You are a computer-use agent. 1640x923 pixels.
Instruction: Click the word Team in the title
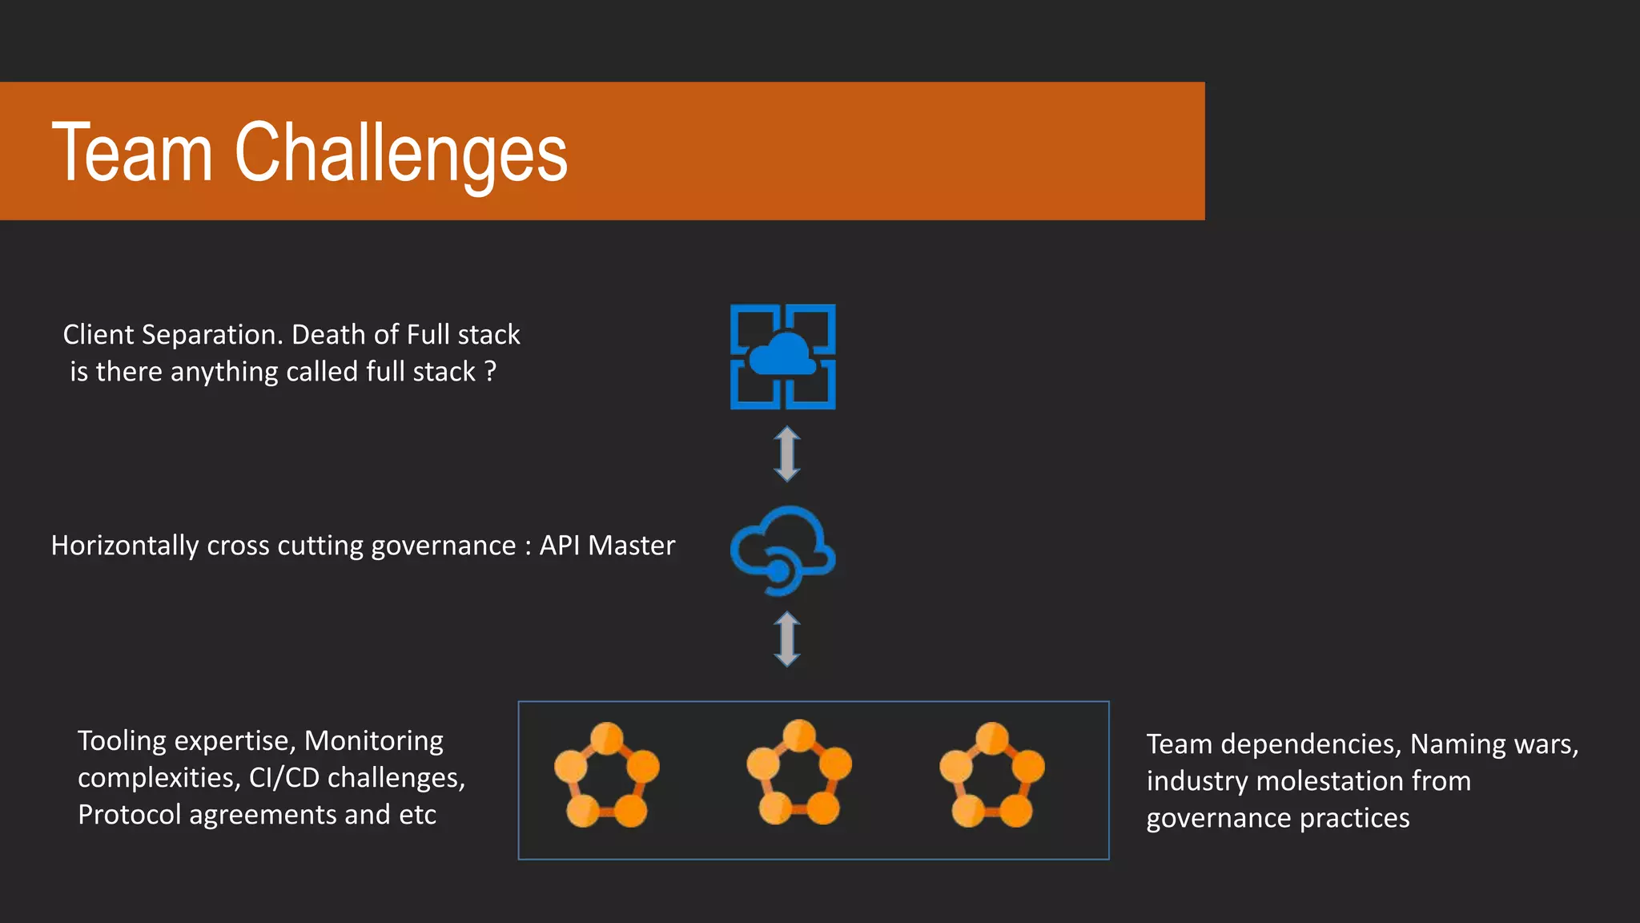132,152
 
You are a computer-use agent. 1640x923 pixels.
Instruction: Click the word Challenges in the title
400,154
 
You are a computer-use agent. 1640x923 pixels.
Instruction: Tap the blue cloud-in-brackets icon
782,357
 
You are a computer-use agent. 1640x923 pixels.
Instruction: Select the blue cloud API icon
782,550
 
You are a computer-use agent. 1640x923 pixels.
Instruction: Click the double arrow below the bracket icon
787,453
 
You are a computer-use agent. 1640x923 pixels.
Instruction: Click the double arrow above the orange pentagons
787,639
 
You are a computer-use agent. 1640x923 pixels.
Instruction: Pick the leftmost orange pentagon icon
606,775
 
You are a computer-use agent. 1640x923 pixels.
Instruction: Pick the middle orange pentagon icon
798,772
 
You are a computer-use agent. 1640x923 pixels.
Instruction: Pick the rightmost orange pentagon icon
991,775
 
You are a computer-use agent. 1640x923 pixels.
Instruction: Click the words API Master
607,546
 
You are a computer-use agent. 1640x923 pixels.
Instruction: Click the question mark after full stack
490,372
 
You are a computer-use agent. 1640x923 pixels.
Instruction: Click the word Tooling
123,741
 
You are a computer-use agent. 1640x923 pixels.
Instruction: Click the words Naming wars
1493,744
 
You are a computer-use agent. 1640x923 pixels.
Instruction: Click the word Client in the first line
98,335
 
